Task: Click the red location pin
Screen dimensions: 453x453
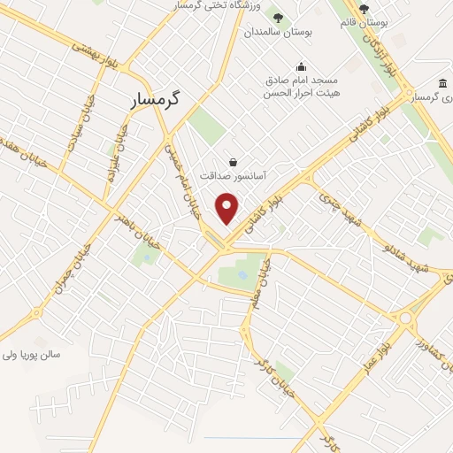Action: (228, 209)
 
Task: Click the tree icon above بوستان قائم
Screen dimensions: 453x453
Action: (363, 9)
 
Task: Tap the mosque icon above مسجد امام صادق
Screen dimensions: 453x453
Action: (301, 65)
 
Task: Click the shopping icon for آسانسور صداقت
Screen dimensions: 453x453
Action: (232, 162)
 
